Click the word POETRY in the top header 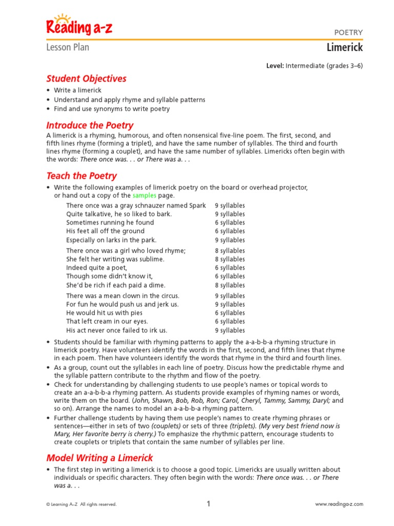(348, 32)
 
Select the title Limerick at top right (345, 48)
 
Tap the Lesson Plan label (68, 48)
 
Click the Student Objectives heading (86, 79)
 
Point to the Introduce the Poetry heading (90, 125)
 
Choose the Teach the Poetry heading (82, 176)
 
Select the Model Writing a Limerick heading (100, 458)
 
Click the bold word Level (274, 66)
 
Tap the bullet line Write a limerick (78, 90)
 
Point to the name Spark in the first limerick (197, 205)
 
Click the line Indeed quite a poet (96, 268)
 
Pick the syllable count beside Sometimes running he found (230, 223)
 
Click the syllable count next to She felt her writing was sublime (230, 259)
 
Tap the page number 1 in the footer (209, 504)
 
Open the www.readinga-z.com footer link (339, 504)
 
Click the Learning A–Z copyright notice (82, 504)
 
